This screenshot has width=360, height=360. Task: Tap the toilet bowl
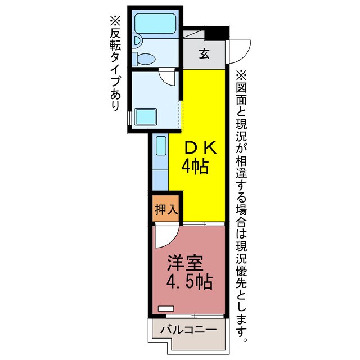[147, 58]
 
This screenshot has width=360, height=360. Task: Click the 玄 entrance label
[204, 55]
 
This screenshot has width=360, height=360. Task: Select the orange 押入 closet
[166, 210]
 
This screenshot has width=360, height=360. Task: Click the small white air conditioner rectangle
[166, 308]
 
